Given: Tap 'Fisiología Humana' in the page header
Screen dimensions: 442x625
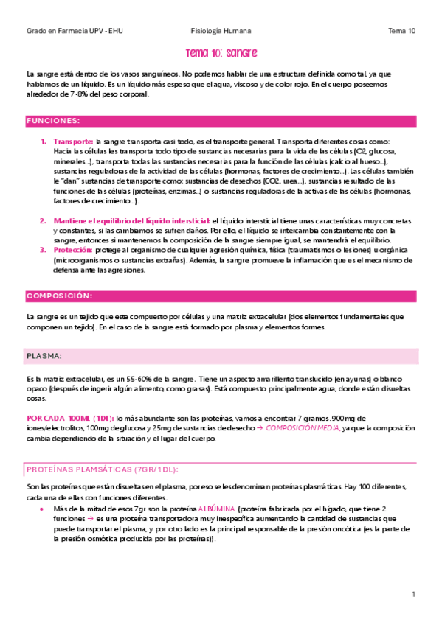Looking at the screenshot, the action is (x=221, y=31).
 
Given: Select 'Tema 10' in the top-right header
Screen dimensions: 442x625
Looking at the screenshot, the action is (x=401, y=31).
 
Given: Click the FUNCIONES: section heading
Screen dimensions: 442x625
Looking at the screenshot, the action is (x=54, y=120).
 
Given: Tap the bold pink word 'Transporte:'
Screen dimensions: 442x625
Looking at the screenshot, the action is (x=73, y=141).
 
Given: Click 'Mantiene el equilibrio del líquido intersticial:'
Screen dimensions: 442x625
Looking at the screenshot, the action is (x=131, y=220).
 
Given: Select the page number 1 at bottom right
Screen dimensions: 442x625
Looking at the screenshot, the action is (x=413, y=594).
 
